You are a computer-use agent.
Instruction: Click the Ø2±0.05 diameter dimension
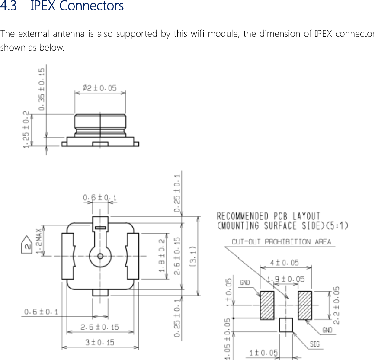click(100, 88)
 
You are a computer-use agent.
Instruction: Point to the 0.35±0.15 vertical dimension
click(42, 90)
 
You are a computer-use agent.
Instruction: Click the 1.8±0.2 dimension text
click(162, 255)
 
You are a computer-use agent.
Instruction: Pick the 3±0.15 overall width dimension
click(100, 342)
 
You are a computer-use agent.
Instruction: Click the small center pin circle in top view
click(100, 256)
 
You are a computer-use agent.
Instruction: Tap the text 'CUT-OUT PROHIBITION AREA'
click(281, 242)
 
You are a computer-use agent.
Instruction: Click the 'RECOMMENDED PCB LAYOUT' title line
click(268, 216)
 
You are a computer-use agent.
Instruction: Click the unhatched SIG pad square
click(286, 325)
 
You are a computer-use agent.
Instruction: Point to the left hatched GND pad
click(267, 305)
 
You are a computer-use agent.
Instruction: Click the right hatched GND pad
click(305, 305)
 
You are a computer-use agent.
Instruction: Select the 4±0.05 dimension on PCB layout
click(285, 263)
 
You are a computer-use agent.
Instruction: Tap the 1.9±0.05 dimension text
click(286, 279)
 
